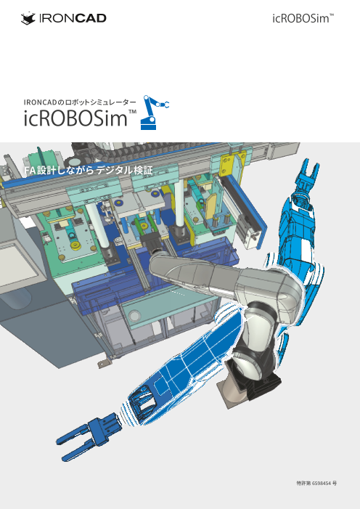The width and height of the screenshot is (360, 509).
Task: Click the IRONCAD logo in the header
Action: [64, 18]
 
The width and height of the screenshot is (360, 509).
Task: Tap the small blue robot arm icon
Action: [155, 113]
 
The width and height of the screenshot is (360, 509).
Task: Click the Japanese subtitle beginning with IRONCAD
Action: [80, 102]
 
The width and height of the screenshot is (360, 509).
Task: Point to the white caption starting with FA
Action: [89, 170]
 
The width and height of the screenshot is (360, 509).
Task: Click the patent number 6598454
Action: [322, 484]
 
